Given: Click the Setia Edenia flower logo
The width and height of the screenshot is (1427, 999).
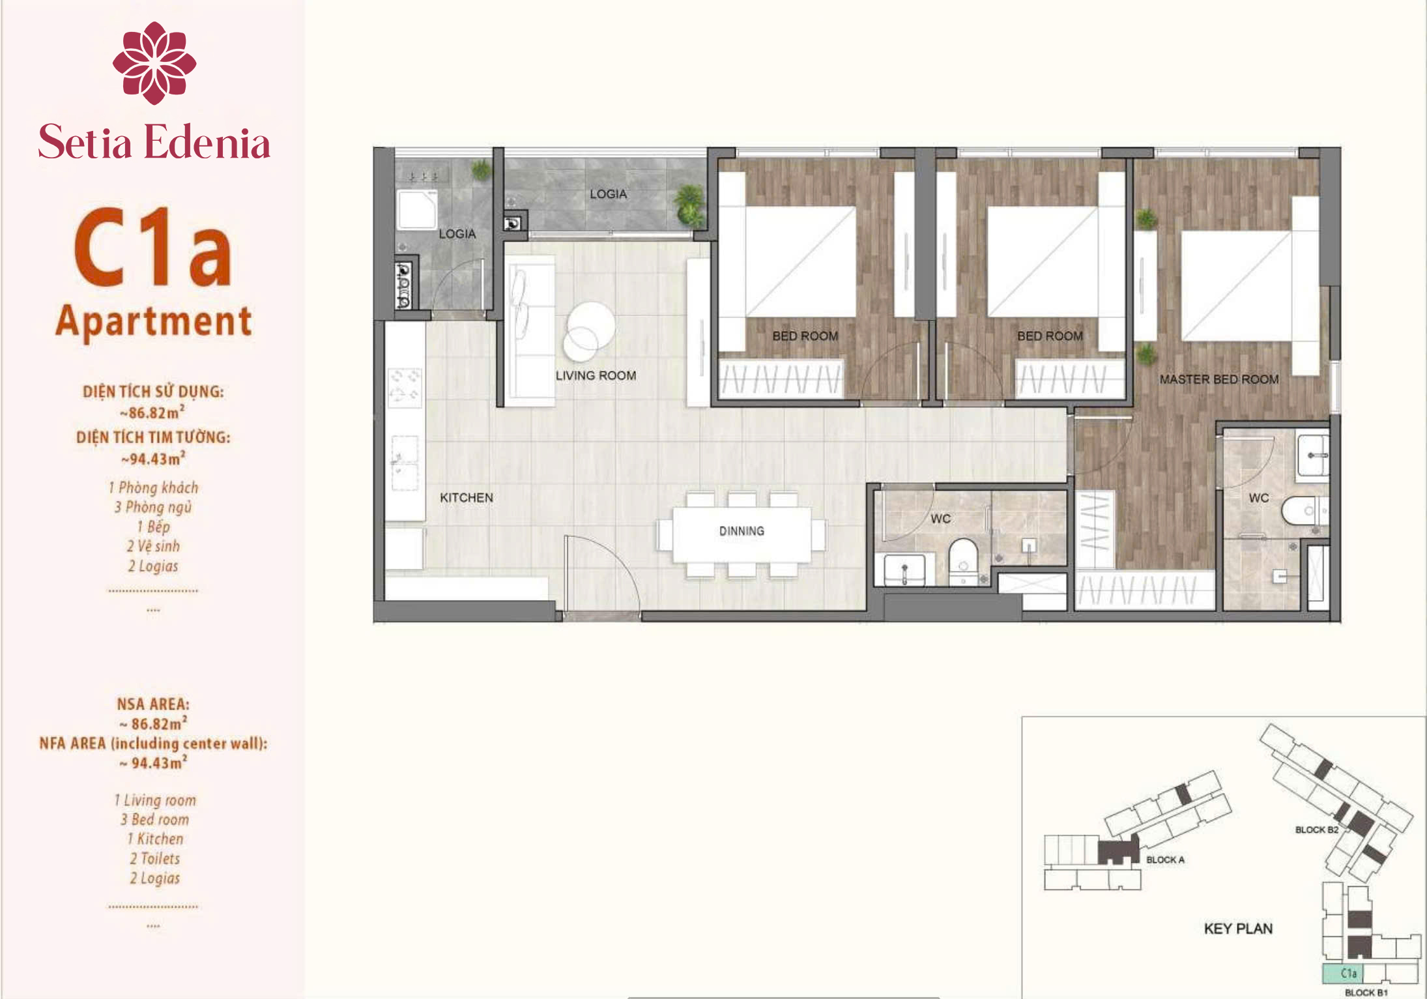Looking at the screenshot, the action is [154, 63].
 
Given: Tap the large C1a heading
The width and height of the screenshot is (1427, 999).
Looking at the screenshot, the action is [153, 247].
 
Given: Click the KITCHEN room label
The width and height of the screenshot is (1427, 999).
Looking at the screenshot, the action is [467, 498].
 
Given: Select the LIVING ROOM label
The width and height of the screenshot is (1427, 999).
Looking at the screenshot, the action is [596, 376].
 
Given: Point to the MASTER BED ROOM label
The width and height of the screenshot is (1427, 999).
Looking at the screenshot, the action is [1219, 379].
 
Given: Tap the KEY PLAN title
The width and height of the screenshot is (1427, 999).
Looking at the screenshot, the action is [1238, 929].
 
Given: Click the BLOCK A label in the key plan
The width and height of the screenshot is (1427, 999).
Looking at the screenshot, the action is [1166, 860].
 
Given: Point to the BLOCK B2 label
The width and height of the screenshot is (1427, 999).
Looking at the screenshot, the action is [1316, 830].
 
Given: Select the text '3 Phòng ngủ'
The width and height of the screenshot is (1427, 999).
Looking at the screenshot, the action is [153, 507].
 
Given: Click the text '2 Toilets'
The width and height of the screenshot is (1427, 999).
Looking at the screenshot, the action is [154, 858].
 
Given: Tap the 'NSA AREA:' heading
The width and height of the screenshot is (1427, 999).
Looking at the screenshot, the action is [153, 704].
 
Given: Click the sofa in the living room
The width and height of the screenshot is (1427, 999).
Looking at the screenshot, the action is [529, 330].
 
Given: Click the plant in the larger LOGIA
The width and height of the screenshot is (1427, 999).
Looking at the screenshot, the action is [689, 203].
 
